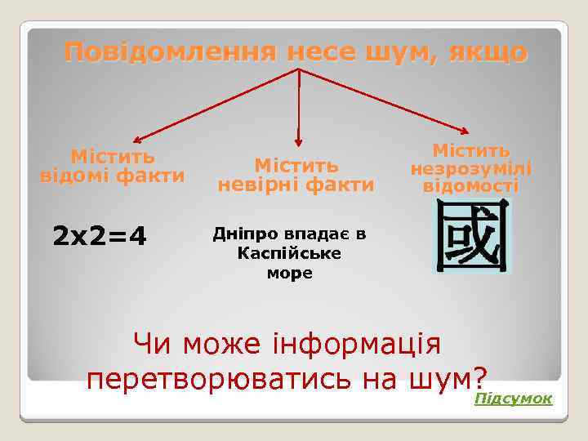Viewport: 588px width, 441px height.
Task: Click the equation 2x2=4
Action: click(x=100, y=237)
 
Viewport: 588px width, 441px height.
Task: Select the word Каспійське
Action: click(x=289, y=254)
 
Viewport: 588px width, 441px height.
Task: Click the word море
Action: click(x=289, y=274)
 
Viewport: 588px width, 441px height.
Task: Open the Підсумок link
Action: click(x=513, y=398)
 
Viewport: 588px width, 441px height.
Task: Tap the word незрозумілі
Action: click(x=470, y=168)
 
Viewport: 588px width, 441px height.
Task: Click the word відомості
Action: click(x=470, y=185)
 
